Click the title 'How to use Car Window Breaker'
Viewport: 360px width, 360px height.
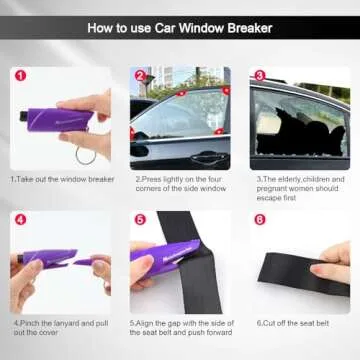(x=180, y=28)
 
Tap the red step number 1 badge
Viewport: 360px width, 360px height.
(x=19, y=75)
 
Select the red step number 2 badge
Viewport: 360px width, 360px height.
(x=139, y=75)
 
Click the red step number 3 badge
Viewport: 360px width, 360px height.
(x=259, y=75)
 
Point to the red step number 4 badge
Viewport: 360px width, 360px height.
(x=19, y=219)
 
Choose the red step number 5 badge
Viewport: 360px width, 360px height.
(x=139, y=219)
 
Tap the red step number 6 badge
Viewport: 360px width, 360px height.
(x=259, y=219)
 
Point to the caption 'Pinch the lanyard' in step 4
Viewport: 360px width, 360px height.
(x=60, y=329)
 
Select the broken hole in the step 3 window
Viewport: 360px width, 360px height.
(x=295, y=130)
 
